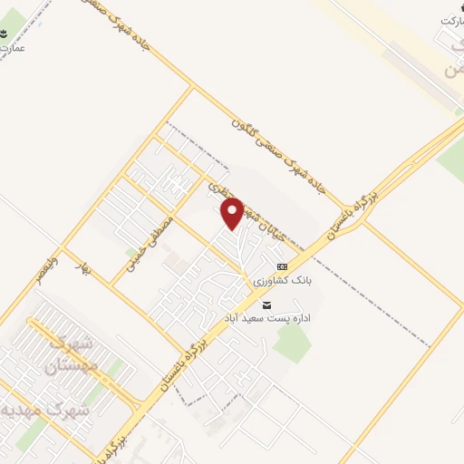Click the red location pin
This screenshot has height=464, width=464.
click(x=233, y=213)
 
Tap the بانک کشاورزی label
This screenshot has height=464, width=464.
click(x=283, y=281)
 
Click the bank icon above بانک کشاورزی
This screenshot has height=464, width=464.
click(x=282, y=267)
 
